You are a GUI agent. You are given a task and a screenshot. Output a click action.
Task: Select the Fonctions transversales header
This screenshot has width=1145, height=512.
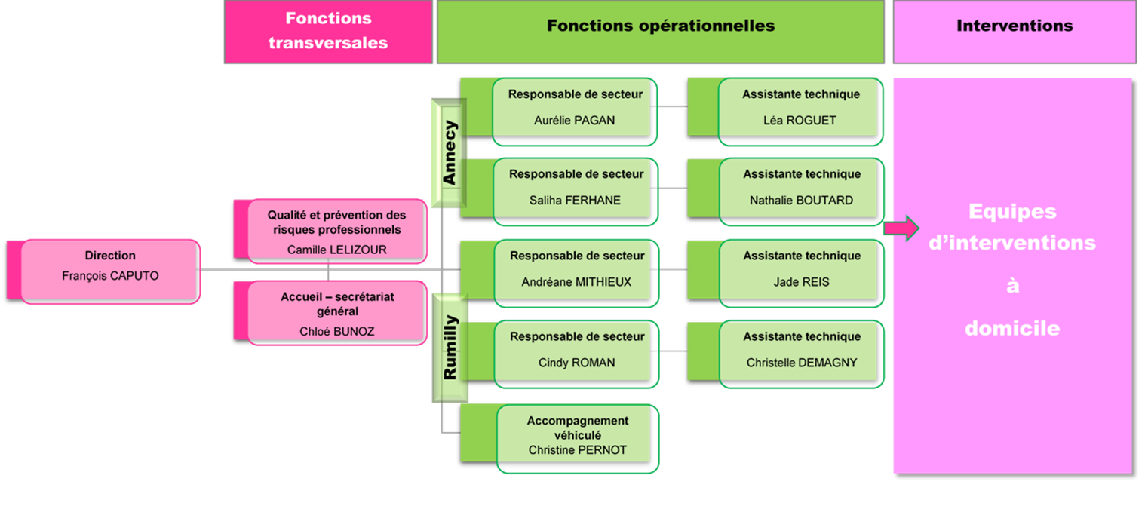pos(328,32)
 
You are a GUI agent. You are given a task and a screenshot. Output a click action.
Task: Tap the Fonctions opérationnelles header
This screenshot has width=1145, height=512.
pos(661,32)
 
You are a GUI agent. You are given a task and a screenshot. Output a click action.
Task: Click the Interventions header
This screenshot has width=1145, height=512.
pos(1015,32)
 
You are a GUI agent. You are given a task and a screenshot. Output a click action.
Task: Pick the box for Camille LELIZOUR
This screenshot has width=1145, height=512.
pos(330,231)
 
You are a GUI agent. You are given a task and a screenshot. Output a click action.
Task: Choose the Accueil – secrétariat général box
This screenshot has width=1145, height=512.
pos(330,313)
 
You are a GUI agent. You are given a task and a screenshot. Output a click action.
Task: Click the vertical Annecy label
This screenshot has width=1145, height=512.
pos(450,153)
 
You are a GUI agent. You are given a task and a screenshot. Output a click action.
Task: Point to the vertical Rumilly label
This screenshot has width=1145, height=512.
pos(450,348)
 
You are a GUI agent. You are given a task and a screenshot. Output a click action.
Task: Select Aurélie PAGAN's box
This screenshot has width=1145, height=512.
pos(559,112)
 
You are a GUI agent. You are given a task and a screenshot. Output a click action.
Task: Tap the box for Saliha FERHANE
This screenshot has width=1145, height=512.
pos(559,192)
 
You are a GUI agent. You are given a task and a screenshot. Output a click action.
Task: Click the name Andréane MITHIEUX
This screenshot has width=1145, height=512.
pos(576,282)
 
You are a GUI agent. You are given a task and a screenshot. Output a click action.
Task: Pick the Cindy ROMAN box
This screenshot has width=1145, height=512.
pos(560,354)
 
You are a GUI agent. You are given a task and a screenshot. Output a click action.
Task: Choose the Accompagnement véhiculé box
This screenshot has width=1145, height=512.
pos(560,438)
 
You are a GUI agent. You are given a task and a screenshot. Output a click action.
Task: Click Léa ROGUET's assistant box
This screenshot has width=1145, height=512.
pos(786,112)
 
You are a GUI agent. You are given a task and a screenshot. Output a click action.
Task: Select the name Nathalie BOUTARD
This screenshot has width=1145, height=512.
pos(801,201)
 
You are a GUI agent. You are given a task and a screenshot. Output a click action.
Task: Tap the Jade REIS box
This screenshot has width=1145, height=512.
pos(786,274)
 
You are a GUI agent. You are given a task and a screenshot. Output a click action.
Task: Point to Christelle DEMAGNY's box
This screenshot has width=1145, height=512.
pos(786,354)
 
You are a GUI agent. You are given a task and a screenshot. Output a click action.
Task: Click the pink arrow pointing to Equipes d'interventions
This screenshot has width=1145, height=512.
pos(901,228)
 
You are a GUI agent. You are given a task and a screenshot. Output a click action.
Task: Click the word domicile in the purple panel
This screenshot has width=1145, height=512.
pos(1012,328)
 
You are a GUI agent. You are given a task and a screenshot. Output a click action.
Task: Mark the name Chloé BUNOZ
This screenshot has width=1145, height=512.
pos(337,332)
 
